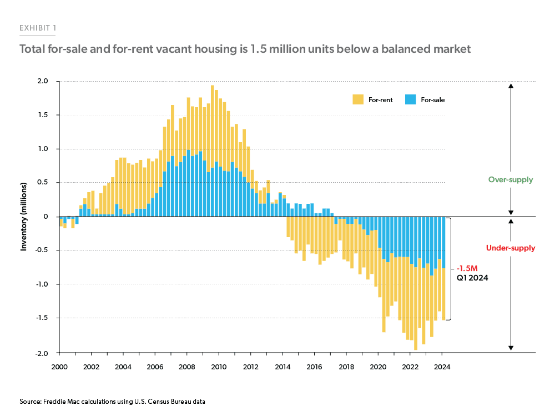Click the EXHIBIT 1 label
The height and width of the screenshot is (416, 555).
38,28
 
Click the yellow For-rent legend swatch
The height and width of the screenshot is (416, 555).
358,100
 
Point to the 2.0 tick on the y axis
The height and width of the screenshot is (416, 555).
43,82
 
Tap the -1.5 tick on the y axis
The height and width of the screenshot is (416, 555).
42,318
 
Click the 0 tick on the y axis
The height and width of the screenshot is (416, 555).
46,217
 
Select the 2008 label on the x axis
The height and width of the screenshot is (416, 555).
187,367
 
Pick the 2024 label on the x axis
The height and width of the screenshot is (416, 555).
442,367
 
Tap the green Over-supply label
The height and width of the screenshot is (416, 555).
510,180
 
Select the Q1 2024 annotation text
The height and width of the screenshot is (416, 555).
472,278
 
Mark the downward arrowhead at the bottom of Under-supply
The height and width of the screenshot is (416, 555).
511,348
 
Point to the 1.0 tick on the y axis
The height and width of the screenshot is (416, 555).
43,149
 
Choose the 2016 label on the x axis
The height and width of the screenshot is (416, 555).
314,367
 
